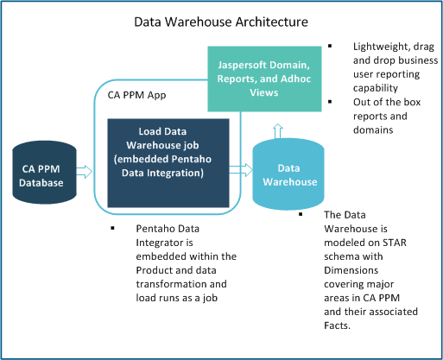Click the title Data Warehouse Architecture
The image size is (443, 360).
coord(221,18)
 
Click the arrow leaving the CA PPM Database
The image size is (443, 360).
coord(85,171)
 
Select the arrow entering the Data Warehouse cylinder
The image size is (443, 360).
coord(239,171)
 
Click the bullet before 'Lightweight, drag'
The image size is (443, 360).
coord(332,46)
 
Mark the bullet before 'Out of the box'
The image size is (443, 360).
coord(332,103)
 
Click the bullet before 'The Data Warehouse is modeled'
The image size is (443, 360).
coord(301,212)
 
